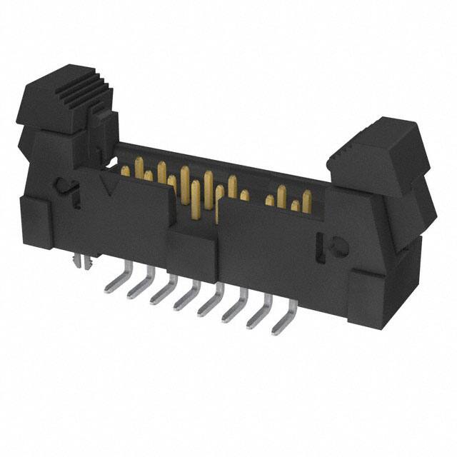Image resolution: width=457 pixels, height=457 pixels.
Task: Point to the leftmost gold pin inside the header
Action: pos(126,171)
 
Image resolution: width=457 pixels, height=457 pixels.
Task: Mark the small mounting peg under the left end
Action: pos(84,263)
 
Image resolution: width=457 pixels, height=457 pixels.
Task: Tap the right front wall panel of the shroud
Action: pos(271,243)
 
